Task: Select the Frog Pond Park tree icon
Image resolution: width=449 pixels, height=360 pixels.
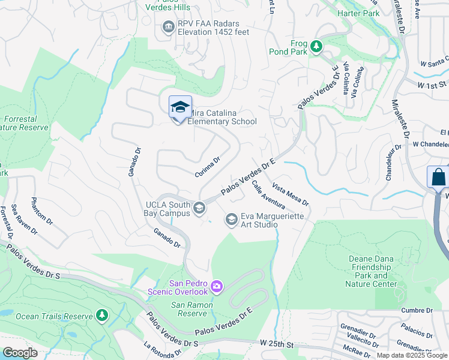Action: [x=316, y=46]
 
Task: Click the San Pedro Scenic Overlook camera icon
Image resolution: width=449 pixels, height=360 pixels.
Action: [x=216, y=287]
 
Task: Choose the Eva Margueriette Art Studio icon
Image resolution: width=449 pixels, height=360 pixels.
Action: [x=231, y=220]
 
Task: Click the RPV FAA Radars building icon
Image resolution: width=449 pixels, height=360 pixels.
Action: [x=167, y=26]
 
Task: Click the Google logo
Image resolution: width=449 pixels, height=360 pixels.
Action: [x=20, y=353]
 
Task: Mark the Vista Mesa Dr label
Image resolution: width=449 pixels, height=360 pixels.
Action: [x=290, y=194]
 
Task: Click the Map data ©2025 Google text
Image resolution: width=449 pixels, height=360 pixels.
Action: [x=412, y=355]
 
